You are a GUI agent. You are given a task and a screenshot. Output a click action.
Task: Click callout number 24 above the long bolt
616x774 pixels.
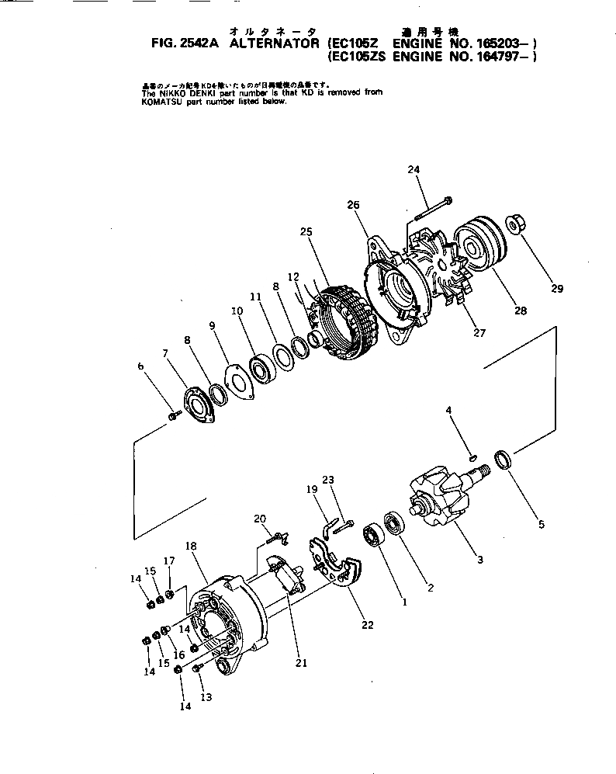click(414, 169)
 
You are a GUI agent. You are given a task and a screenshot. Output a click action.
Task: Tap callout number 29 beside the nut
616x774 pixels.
click(555, 290)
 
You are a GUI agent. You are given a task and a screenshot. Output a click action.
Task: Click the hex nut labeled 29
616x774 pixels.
click(514, 225)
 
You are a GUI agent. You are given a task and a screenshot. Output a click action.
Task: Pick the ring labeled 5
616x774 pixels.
click(504, 461)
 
